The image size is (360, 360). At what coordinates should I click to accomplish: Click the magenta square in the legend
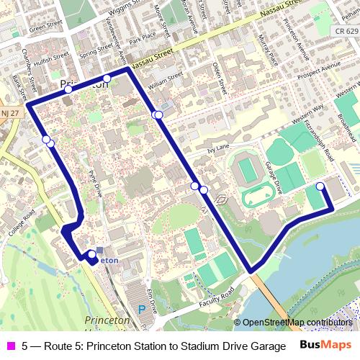pos(10,346)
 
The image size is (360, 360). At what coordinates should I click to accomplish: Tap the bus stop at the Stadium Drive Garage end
pos(320,186)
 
